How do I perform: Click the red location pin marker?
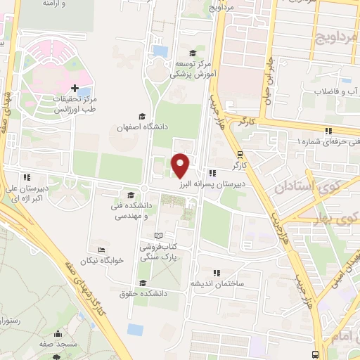click(x=181, y=165)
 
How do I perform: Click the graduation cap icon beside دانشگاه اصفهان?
click(x=143, y=117)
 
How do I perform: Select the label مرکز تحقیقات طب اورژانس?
click(x=75, y=105)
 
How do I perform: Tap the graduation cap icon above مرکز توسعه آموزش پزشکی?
click(x=192, y=53)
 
